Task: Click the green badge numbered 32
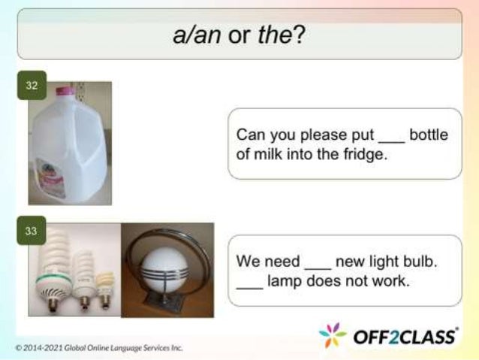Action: click(x=31, y=85)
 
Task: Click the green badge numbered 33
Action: click(x=31, y=231)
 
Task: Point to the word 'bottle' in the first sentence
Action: click(x=429, y=135)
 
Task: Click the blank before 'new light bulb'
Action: click(x=316, y=265)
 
